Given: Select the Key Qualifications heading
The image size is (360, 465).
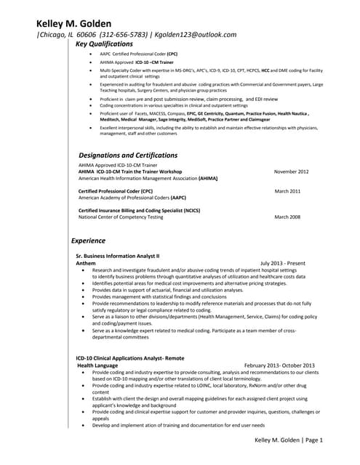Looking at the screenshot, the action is coord(105,44).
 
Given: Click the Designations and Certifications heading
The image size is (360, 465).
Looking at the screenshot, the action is coord(128,155).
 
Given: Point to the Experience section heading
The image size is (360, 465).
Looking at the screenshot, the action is coord(88,240).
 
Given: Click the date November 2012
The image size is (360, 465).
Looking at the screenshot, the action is coord(291,171).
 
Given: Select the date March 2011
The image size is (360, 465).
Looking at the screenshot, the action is coord(287,190).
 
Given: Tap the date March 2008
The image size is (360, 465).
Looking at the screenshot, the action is coord(287,217).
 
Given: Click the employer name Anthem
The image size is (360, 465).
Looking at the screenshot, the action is coord(86,263).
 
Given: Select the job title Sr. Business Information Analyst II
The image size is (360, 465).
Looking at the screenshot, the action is coord(117,256).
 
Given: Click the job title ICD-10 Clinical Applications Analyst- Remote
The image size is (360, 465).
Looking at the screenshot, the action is coord(130,357).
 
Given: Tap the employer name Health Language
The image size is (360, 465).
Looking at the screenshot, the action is coord(102,365).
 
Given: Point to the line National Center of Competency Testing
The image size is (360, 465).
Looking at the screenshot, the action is coord(121,217).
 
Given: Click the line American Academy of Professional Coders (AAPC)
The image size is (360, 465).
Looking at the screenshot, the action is coord(132,197).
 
